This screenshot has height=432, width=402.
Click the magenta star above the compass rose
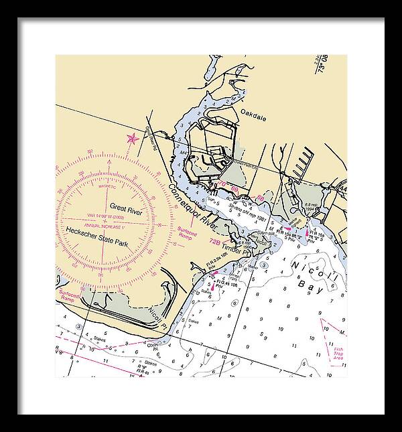coord(132,139)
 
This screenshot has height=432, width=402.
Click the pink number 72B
coord(215,240)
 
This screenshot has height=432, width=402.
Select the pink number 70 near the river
coord(222,183)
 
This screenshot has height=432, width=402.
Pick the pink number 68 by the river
coord(235,190)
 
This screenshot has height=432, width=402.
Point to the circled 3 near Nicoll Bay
coord(265,265)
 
